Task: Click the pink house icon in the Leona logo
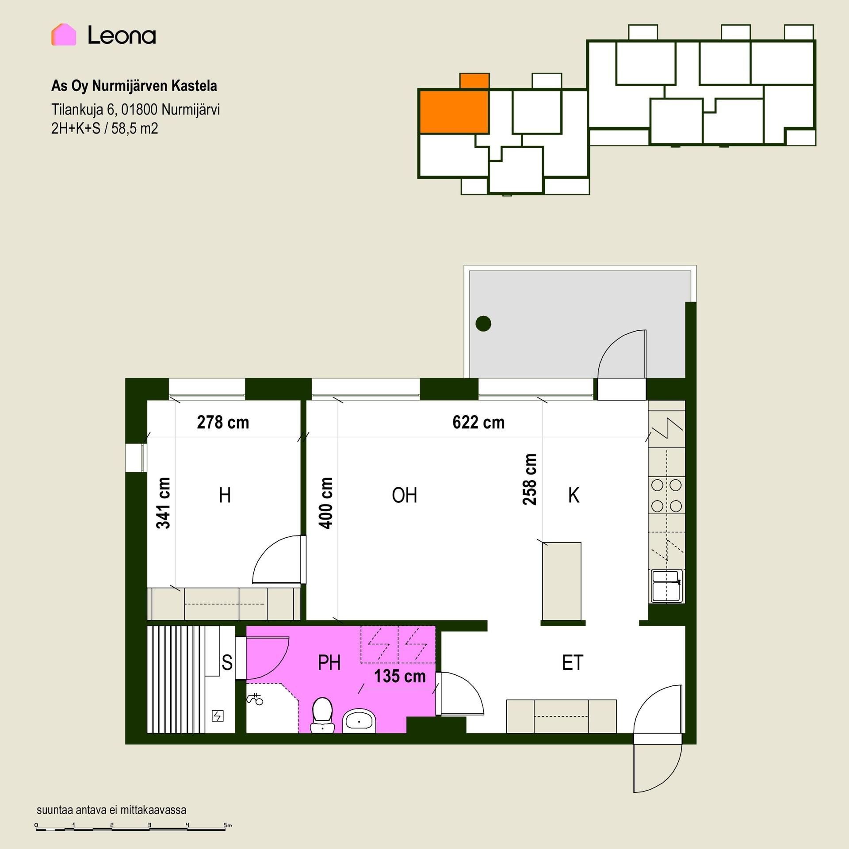tap(64, 34)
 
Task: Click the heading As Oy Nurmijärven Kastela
tap(134, 86)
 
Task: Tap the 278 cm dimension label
tap(223, 422)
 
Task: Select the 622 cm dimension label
tap(478, 422)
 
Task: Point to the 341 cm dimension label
tap(163, 503)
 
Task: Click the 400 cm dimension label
tap(325, 503)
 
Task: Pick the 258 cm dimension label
tap(529, 479)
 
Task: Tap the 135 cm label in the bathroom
tap(400, 676)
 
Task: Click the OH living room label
tap(404, 495)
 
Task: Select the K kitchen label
tap(574, 495)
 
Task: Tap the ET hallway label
tap(573, 663)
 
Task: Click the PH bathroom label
tap(329, 663)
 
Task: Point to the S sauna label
tap(227, 663)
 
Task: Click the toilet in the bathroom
tap(322, 715)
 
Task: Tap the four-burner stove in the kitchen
tap(666, 495)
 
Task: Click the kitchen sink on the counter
tap(666, 586)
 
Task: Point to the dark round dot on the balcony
tap(483, 323)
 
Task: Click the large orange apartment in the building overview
tap(454, 111)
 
